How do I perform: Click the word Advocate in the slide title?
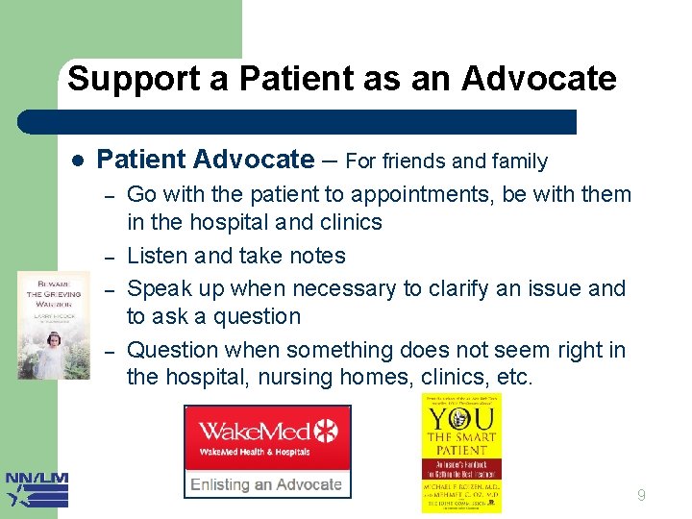click(538, 79)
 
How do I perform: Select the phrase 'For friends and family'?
click(446, 161)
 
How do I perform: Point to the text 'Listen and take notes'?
click(235, 256)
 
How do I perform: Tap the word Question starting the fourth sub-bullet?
click(168, 350)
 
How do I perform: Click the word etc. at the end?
click(514, 378)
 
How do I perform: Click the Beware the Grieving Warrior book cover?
click(54, 324)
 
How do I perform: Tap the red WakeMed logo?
click(267, 437)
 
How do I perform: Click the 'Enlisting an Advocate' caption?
click(266, 483)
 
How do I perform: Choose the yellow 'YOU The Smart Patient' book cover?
click(460, 453)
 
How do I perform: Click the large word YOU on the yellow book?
click(460, 420)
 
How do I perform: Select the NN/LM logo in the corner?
click(37, 489)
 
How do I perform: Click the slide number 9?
click(641, 496)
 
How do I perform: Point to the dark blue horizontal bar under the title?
click(298, 122)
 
